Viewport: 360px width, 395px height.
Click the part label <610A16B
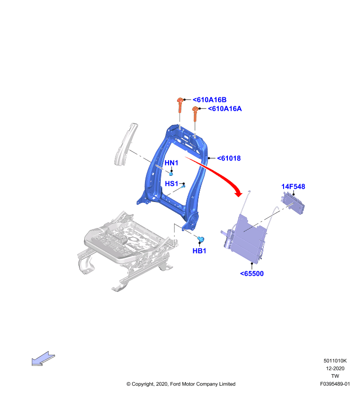pos(209,100)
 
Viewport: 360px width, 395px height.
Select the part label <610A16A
pos(225,109)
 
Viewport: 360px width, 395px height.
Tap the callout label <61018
pos(229,158)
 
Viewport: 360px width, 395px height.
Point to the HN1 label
pos(171,163)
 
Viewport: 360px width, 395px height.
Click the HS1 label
pos(171,184)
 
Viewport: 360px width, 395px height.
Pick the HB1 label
pos(199,251)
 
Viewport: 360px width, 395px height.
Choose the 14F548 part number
pos(293,187)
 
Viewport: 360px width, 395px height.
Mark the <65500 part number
pos(252,274)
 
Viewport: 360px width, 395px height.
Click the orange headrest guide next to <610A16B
pos(180,105)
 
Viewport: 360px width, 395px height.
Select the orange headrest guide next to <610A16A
pos(195,114)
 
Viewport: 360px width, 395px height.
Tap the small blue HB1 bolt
pos(201,239)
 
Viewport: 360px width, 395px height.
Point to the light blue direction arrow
pos(43,359)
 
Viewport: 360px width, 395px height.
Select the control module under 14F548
pos(292,203)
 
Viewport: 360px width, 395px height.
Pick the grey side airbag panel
pos(126,144)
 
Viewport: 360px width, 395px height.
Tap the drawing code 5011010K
pos(335,361)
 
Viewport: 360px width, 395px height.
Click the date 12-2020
pos(335,368)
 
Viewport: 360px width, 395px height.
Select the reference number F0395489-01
pos(335,384)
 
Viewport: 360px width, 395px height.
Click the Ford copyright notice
pos(181,384)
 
